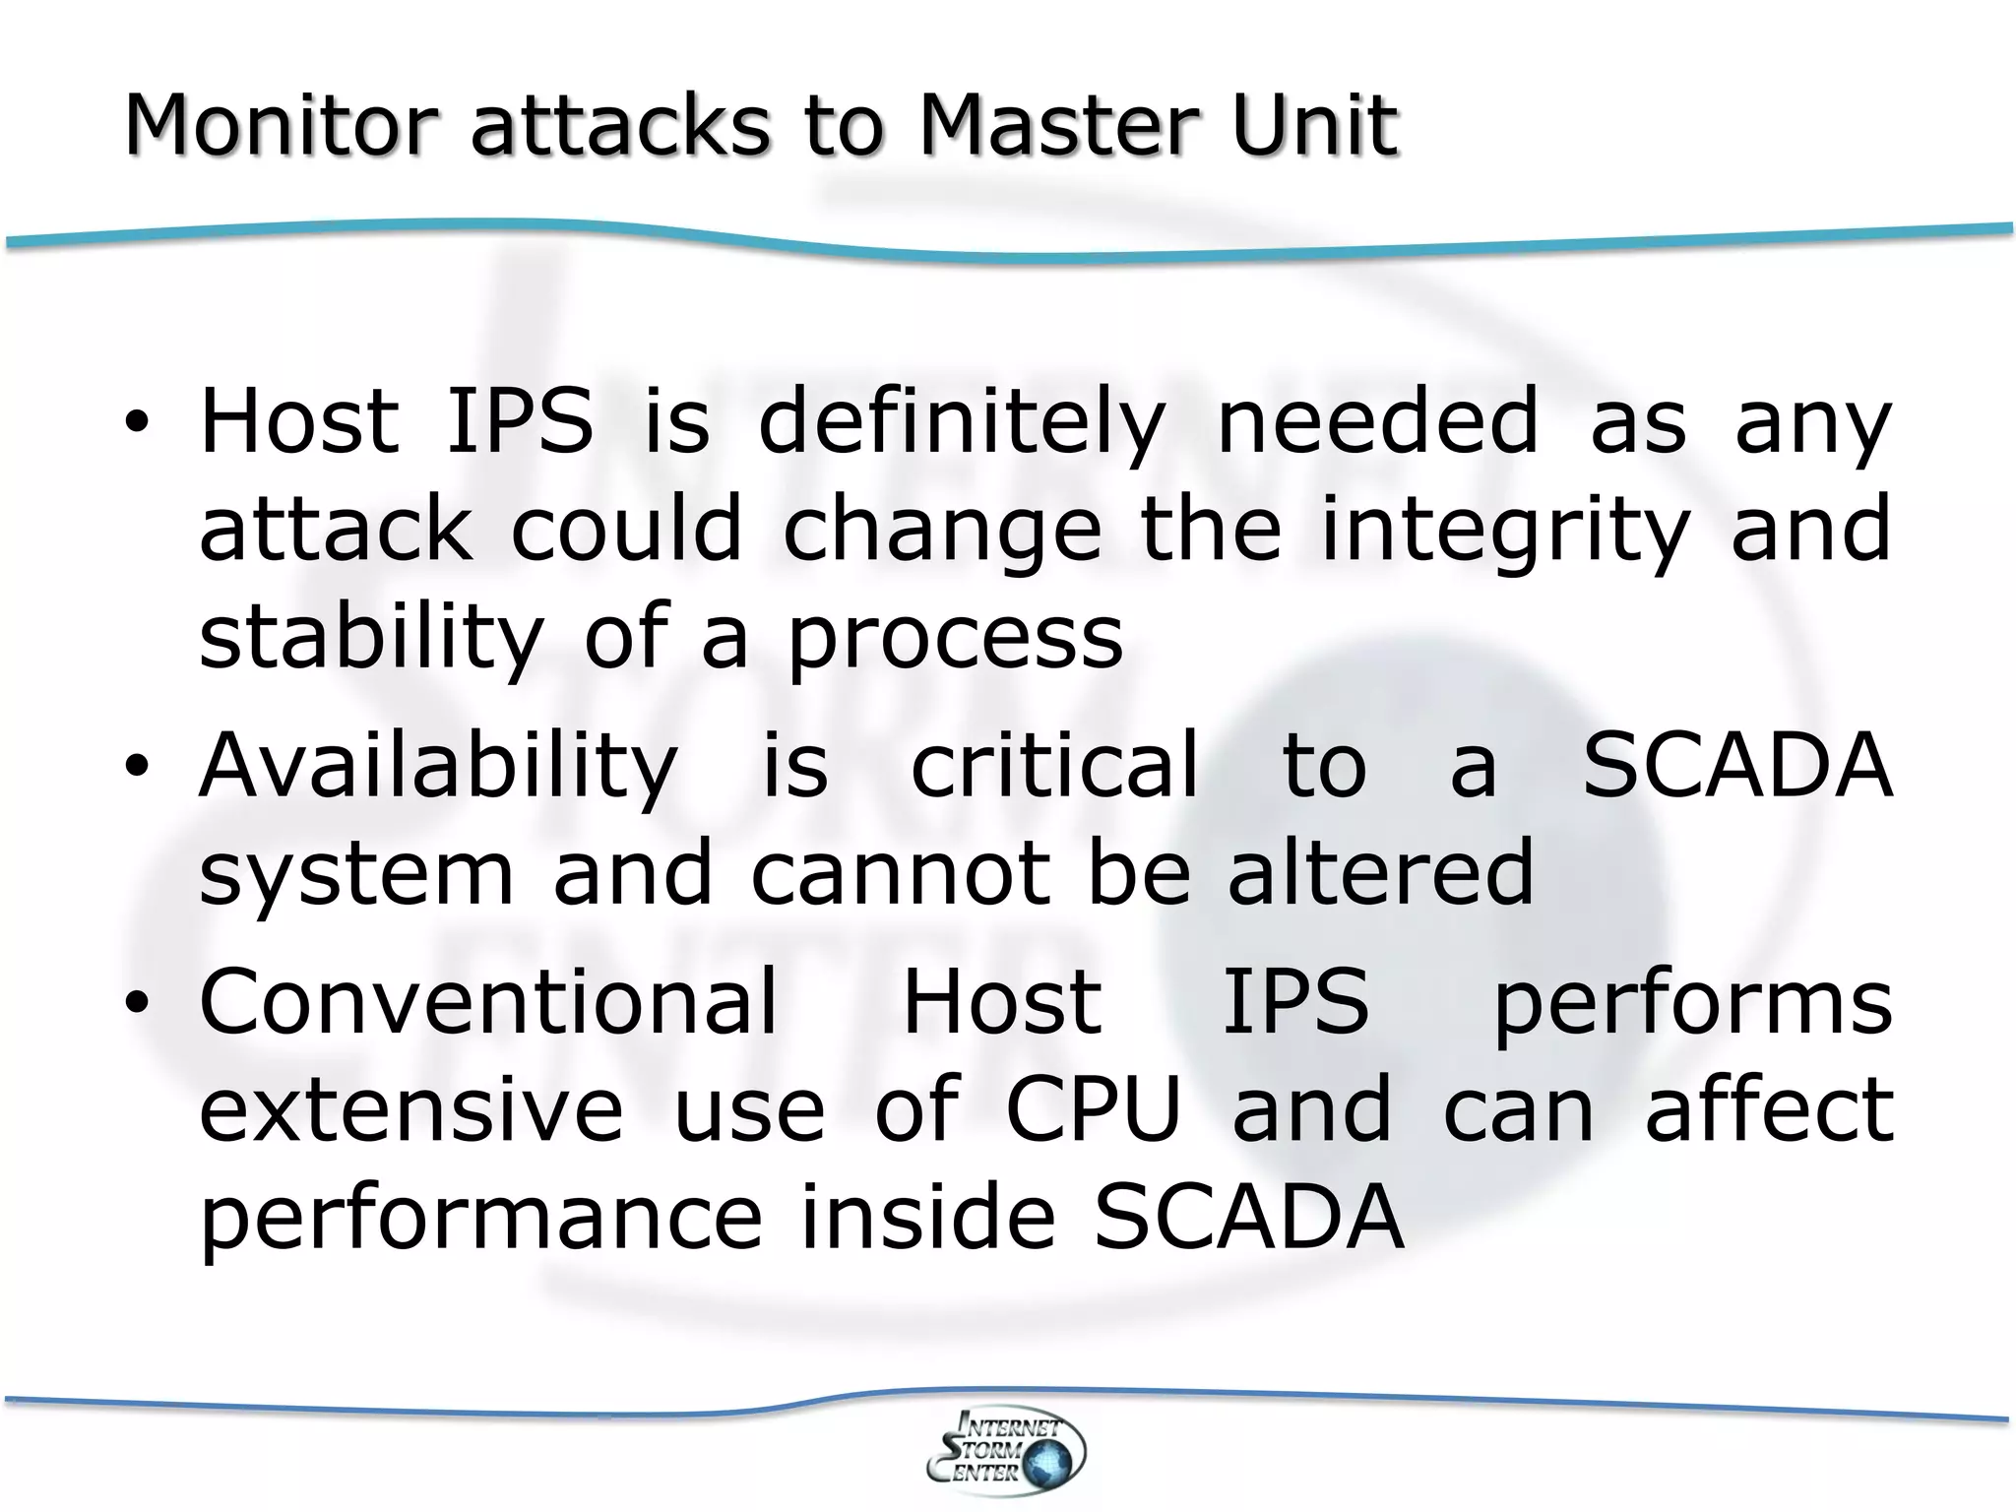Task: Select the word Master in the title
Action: coord(1059,126)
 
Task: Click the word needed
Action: coord(1378,421)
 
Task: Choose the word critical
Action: coord(1055,765)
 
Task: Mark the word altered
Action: coord(1380,872)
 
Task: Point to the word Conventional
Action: coord(488,1002)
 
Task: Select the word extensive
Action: coord(411,1110)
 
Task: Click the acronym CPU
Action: coord(1093,1110)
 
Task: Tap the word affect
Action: coord(1769,1110)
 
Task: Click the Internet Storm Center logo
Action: coord(1006,1451)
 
